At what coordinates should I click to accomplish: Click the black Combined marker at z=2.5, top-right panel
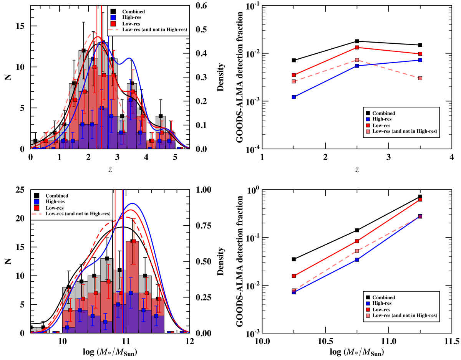[x=357, y=41]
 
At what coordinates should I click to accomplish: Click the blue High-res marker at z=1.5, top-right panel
[x=294, y=97]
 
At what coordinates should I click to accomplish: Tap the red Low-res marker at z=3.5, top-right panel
[x=420, y=54]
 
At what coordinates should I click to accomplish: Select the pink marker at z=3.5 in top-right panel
[x=420, y=78]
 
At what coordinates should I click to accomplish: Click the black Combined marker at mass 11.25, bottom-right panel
[x=420, y=197]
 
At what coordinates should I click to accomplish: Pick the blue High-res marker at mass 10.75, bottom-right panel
[x=357, y=260]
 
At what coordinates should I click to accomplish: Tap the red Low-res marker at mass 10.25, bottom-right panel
[x=294, y=276]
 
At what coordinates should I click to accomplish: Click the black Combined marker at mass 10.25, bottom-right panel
[x=294, y=259]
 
